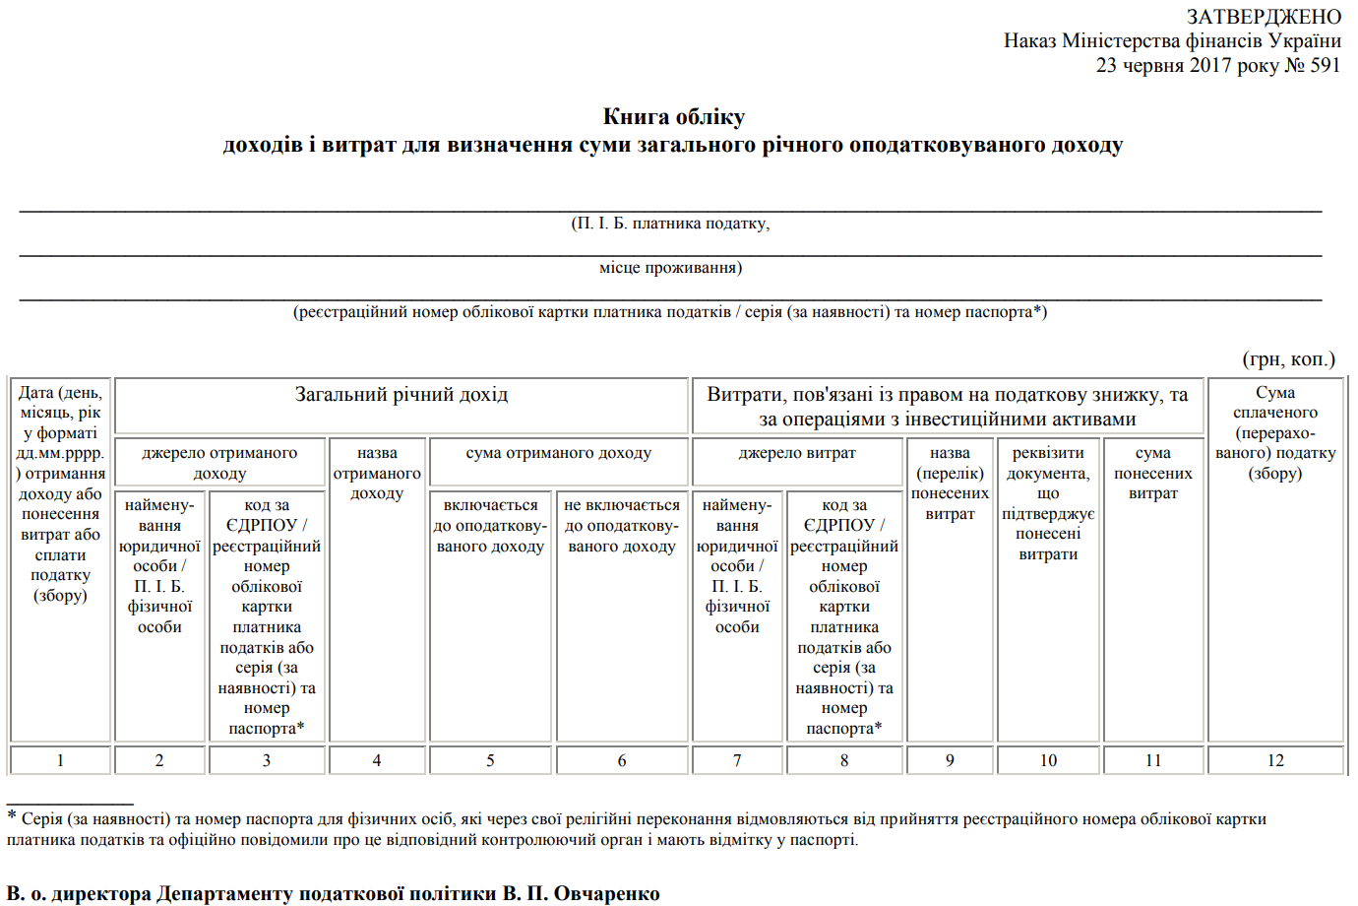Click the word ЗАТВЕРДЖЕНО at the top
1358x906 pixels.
(1264, 17)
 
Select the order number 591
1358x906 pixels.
(1326, 65)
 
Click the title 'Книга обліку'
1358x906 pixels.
(674, 117)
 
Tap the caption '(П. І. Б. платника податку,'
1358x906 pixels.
(670, 224)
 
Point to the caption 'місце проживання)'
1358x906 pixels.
(670, 268)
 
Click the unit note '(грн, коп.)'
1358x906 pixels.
(1289, 359)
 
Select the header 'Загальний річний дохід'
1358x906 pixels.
(401, 395)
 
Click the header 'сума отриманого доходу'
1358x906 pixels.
(558, 453)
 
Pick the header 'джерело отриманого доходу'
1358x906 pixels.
(219, 463)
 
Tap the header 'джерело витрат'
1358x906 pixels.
(797, 453)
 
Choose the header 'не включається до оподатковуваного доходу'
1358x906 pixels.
(622, 526)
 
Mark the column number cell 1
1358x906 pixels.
(60, 760)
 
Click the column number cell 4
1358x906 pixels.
(377, 760)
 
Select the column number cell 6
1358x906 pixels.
(622, 760)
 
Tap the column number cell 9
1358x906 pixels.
(950, 760)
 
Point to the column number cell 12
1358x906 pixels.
(1275, 760)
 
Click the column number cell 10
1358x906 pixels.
(1048, 760)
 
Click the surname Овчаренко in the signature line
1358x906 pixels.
(606, 893)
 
